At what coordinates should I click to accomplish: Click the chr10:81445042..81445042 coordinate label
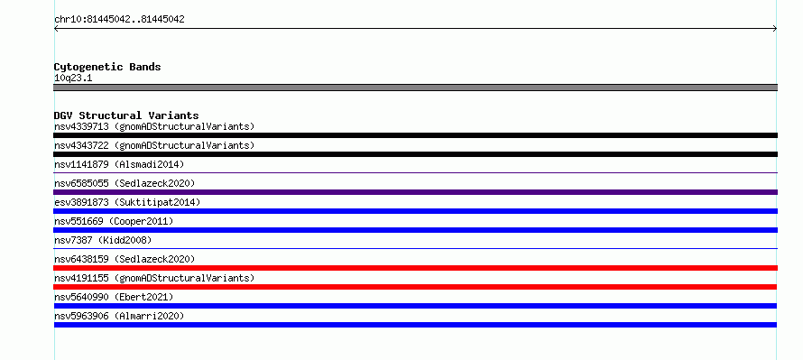[x=119, y=20]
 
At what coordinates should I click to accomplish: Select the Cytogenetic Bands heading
[x=107, y=67]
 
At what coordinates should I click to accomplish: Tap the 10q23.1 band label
[x=73, y=78]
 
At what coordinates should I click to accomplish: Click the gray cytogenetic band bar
[x=415, y=88]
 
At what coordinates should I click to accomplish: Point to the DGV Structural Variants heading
[x=126, y=115]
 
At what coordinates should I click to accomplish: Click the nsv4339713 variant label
[x=154, y=126]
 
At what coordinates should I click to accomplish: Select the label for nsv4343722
[x=154, y=145]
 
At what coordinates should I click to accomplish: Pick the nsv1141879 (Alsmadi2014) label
[x=119, y=164]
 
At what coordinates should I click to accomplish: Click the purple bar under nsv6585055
[x=415, y=192]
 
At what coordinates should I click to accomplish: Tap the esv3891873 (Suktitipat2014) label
[x=127, y=202]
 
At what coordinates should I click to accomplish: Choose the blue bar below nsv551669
[x=415, y=230]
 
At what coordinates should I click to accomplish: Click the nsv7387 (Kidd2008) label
[x=103, y=240]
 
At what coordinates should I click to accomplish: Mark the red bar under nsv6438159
[x=415, y=268]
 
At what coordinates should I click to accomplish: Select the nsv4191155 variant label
[x=154, y=278]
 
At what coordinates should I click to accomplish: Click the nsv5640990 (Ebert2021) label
[x=114, y=297]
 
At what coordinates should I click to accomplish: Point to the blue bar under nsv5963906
[x=415, y=325]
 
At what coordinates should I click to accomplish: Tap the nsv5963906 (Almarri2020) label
[x=119, y=316]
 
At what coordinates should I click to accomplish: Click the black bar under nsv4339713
[x=415, y=135]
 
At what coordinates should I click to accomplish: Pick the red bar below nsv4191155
[x=415, y=287]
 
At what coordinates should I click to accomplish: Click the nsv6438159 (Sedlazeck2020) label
[x=125, y=259]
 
